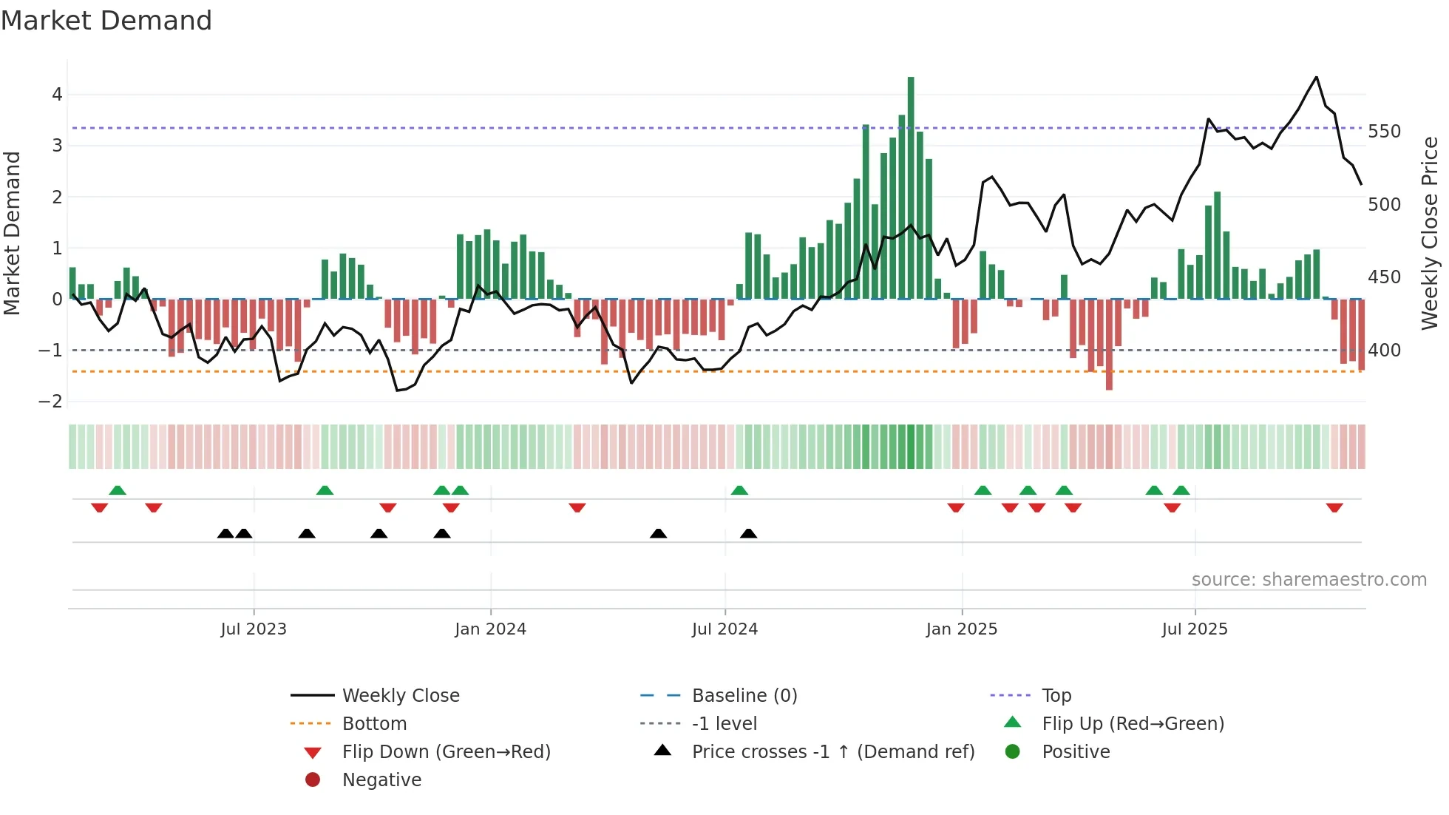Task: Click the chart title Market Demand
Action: pyautogui.click(x=106, y=21)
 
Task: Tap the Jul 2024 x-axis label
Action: pyautogui.click(x=724, y=629)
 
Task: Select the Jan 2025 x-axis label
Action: pyautogui.click(x=961, y=629)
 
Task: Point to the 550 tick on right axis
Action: pyautogui.click(x=1384, y=132)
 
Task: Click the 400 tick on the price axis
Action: pyautogui.click(x=1384, y=351)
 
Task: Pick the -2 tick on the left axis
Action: pyautogui.click(x=50, y=402)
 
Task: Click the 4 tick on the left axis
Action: pyautogui.click(x=57, y=95)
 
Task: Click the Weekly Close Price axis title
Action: pyautogui.click(x=1430, y=233)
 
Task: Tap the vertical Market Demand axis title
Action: pyautogui.click(x=12, y=233)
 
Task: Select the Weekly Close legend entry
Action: pyautogui.click(x=400, y=696)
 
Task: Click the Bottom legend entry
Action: pyautogui.click(x=374, y=724)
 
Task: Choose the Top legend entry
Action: pyautogui.click(x=1056, y=696)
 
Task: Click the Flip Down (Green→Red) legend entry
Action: pyautogui.click(x=446, y=752)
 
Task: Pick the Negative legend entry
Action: pyautogui.click(x=381, y=780)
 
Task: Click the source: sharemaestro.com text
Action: pyautogui.click(x=1309, y=580)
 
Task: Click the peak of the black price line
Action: pyautogui.click(x=1317, y=78)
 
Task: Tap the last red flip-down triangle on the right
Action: pyautogui.click(x=1334, y=508)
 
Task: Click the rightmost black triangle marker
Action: pyautogui.click(x=749, y=533)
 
